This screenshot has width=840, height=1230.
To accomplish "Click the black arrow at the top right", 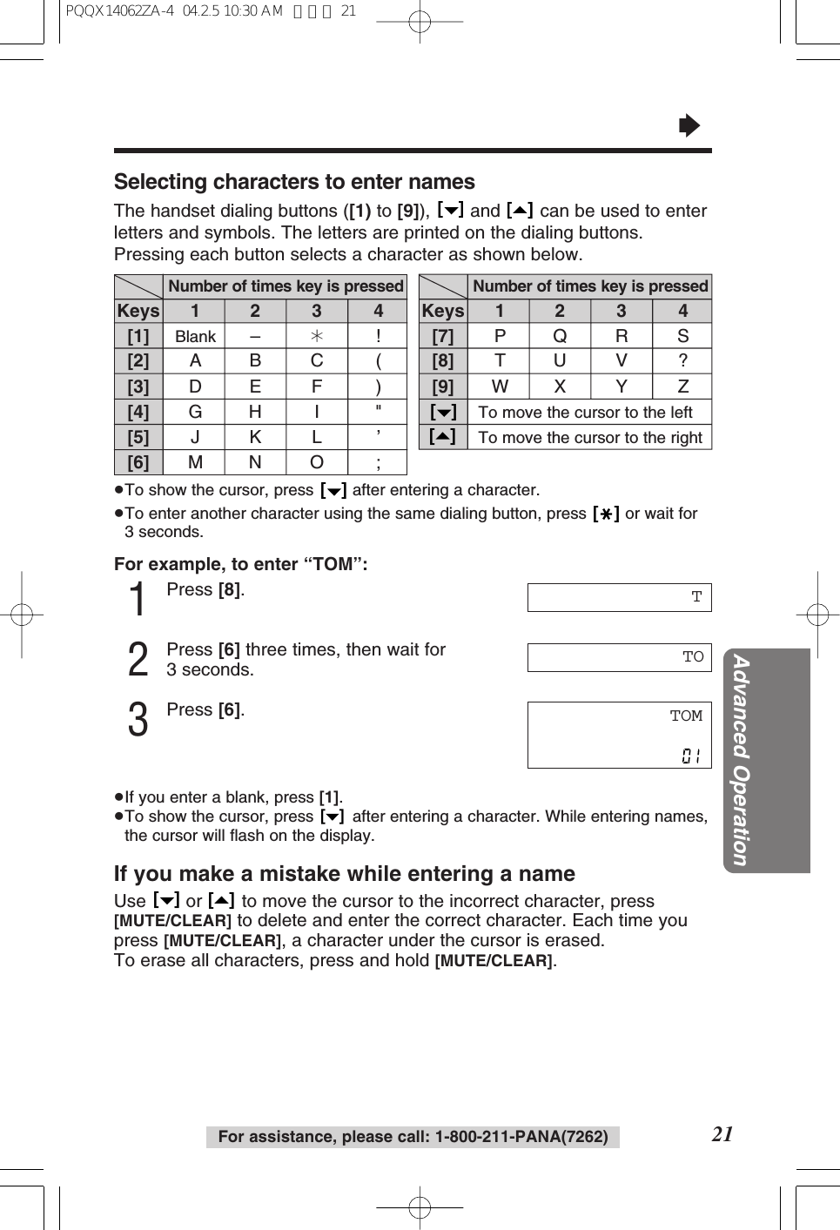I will point(689,126).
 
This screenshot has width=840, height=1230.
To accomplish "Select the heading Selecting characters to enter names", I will point(294,182).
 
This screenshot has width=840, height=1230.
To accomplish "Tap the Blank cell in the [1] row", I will point(195,337).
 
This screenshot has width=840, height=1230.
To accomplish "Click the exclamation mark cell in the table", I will point(378,336).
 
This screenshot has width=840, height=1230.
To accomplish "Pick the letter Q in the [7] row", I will point(560,336).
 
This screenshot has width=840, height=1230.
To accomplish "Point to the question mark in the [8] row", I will point(682,360).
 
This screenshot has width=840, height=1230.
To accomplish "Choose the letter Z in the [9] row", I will point(682,386).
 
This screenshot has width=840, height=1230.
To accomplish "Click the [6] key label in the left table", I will point(138,462).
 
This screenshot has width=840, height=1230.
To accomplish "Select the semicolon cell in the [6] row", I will point(378,462).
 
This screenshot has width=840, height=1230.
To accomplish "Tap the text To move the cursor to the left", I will point(585,413).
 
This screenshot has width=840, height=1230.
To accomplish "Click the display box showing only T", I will point(619,597).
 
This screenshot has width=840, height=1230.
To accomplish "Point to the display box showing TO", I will point(619,657).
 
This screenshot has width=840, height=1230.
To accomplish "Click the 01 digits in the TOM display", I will point(691,756).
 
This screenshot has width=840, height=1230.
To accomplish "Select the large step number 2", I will point(138,660).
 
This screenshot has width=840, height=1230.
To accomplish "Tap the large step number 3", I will point(138,721).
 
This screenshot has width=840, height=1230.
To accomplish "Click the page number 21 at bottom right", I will point(722,1133).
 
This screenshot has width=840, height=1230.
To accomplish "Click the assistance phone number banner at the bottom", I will point(413,1137).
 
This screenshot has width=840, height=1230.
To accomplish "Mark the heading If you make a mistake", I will point(345,874).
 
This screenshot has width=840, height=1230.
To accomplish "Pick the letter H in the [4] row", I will point(255,412).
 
